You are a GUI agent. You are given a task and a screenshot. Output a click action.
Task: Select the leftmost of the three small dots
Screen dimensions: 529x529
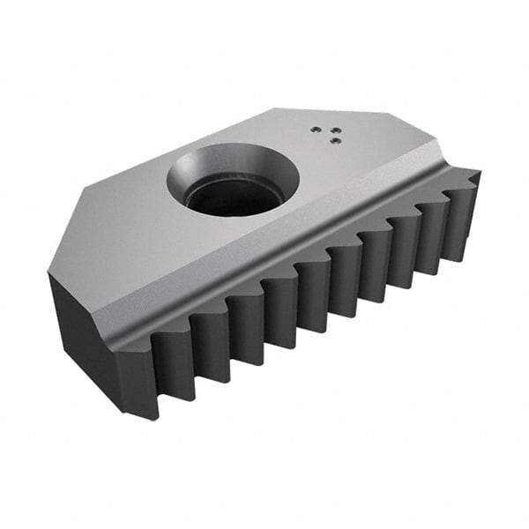tap(315, 129)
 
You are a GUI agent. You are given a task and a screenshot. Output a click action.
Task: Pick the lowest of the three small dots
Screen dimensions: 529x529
tap(330, 138)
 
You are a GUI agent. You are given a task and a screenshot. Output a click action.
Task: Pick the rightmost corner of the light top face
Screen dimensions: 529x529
tap(438, 151)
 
